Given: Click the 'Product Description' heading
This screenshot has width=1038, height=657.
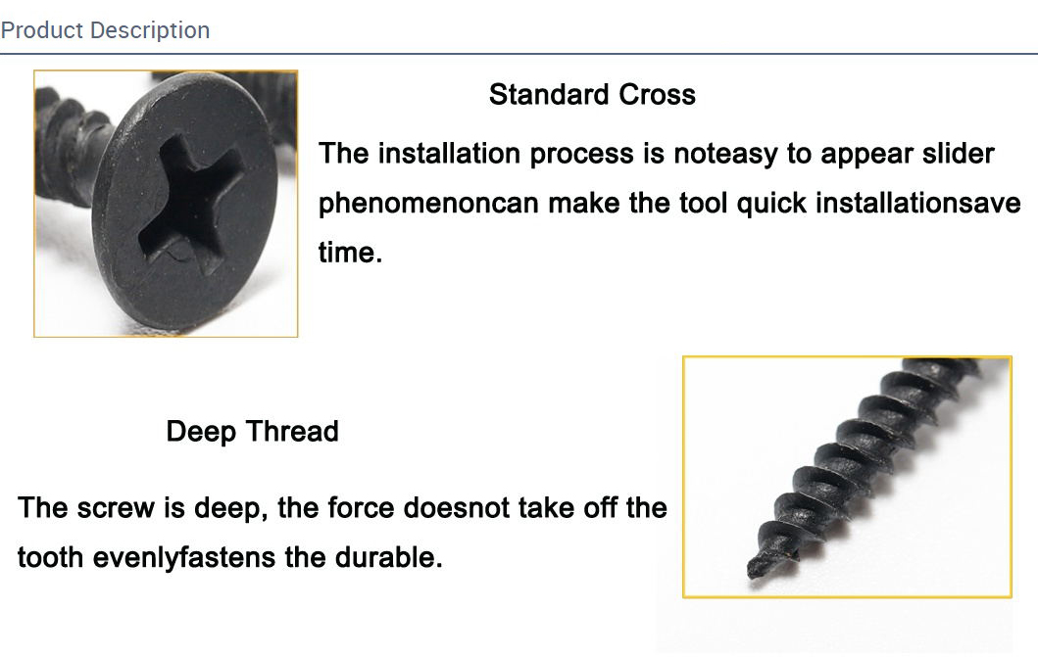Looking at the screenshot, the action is (x=105, y=30).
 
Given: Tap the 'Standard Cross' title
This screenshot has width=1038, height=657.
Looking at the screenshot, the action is (x=592, y=95).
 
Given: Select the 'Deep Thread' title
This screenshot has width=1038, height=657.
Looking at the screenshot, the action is (x=252, y=432).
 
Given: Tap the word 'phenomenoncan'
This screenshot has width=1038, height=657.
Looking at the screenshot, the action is (x=429, y=204).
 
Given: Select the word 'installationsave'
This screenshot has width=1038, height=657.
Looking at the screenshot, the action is (x=918, y=203).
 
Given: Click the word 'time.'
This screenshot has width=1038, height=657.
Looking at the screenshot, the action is (x=350, y=253).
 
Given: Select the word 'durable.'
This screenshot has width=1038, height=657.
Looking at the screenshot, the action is (x=388, y=557).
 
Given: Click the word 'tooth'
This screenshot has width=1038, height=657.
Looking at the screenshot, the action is (x=50, y=558).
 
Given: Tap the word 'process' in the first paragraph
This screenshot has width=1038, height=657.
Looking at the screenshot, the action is (x=582, y=155).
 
